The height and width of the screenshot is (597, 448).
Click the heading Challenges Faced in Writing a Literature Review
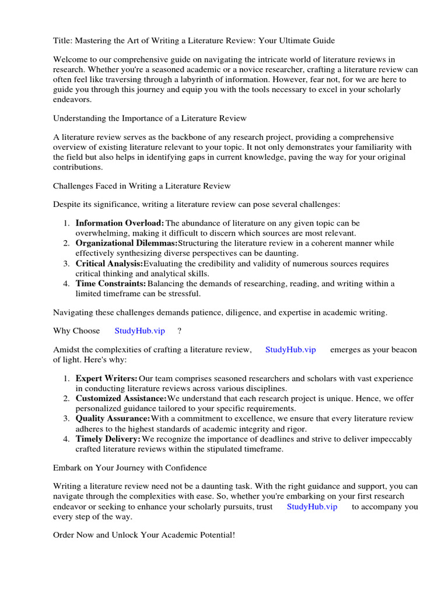pos(142,186)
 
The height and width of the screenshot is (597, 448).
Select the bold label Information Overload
pos(120,223)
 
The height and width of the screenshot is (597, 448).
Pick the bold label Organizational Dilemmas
pos(126,243)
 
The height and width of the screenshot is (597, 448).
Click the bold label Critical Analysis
pos(109,264)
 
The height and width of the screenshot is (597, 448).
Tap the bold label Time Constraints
pos(110,283)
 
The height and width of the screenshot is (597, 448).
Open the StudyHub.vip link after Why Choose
pos(140,331)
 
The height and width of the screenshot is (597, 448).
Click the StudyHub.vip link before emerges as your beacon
pos(290,350)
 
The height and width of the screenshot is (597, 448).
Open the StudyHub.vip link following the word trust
pos(312,507)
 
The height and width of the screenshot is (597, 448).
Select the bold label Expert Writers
pos(107,379)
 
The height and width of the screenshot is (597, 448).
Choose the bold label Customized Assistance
pos(121,399)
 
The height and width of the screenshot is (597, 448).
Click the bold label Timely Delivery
pos(108,438)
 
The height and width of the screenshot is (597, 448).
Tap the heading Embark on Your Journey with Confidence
pos(129,468)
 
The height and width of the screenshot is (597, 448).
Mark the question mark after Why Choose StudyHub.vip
pos(180,331)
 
